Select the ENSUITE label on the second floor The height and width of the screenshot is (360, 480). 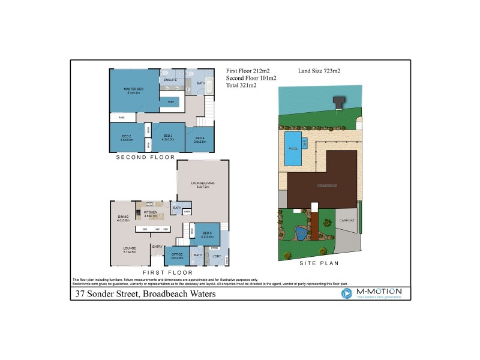(x=170, y=79)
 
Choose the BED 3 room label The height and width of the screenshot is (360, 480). (x=168, y=136)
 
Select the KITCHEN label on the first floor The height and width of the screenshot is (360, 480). (x=150, y=212)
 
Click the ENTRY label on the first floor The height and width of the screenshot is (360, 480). (x=157, y=247)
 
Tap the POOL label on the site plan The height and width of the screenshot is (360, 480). (x=293, y=148)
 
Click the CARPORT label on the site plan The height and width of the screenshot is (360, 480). (x=347, y=220)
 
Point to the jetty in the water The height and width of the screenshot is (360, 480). (x=339, y=103)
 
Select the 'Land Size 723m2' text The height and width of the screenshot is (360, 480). (x=319, y=71)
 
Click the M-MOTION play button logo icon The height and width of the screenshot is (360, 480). (x=346, y=293)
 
